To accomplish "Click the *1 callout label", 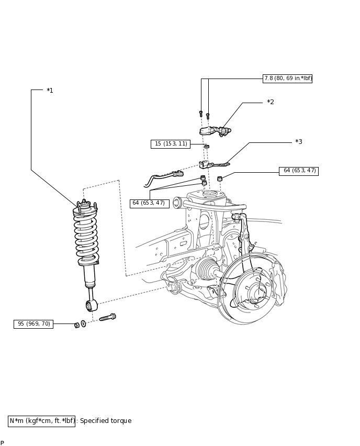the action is pyautogui.click(x=50, y=91).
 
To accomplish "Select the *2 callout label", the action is pyautogui.click(x=271, y=102).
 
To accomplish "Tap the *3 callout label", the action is pyautogui.click(x=299, y=141).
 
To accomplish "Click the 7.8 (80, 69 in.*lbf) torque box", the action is pyautogui.click(x=287, y=79).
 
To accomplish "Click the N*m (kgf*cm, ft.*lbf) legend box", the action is pyautogui.click(x=41, y=421).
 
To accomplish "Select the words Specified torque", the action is pyautogui.click(x=106, y=421).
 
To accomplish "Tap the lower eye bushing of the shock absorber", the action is pyautogui.click(x=92, y=306).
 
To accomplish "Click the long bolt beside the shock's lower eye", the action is pyautogui.click(x=107, y=317).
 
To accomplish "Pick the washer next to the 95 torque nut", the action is pyautogui.click(x=83, y=324).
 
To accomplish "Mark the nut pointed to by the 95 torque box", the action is pyautogui.click(x=76, y=325).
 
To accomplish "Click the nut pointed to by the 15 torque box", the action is pyautogui.click(x=207, y=146).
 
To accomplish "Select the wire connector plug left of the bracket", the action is pyautogui.click(x=177, y=173).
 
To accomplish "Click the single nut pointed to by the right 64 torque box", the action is pyautogui.click(x=219, y=179).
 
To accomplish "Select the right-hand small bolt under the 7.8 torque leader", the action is pyautogui.click(x=208, y=116).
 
